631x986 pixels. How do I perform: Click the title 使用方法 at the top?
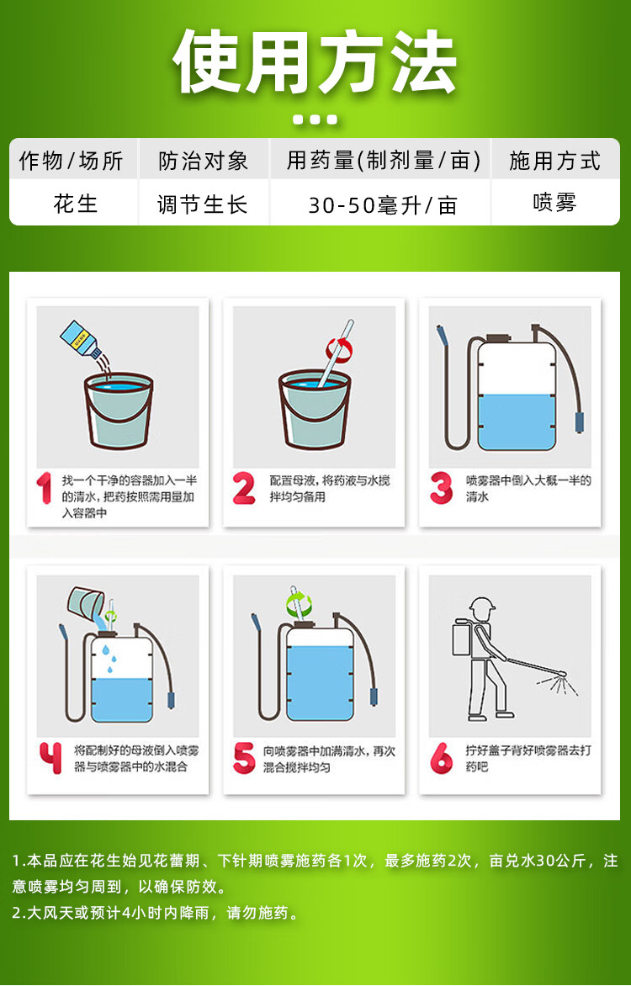pyautogui.click(x=315, y=61)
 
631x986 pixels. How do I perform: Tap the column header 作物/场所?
pyautogui.click(x=71, y=161)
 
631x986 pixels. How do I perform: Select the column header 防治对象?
pyautogui.click(x=204, y=161)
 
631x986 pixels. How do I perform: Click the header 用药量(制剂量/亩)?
pyautogui.click(x=383, y=161)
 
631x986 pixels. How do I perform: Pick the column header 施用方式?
pyautogui.click(x=555, y=161)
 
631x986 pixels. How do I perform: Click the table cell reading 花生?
pyautogui.click(x=76, y=204)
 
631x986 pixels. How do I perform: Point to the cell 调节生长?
pyautogui.click(x=203, y=204)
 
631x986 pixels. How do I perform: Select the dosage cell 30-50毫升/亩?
pyautogui.click(x=383, y=205)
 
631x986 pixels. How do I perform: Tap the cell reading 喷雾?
pyautogui.click(x=554, y=203)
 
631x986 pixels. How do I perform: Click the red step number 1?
pyautogui.click(x=44, y=488)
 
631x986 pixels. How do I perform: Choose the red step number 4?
pyautogui.click(x=51, y=758)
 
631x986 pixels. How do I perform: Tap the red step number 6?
pyautogui.click(x=441, y=758)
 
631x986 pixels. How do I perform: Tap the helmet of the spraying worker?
pyautogui.click(x=482, y=607)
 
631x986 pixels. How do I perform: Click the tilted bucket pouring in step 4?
pyautogui.click(x=86, y=603)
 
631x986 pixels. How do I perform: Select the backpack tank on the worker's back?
pyautogui.click(x=463, y=637)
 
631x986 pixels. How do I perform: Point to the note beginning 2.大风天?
pyautogui.click(x=155, y=913)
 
